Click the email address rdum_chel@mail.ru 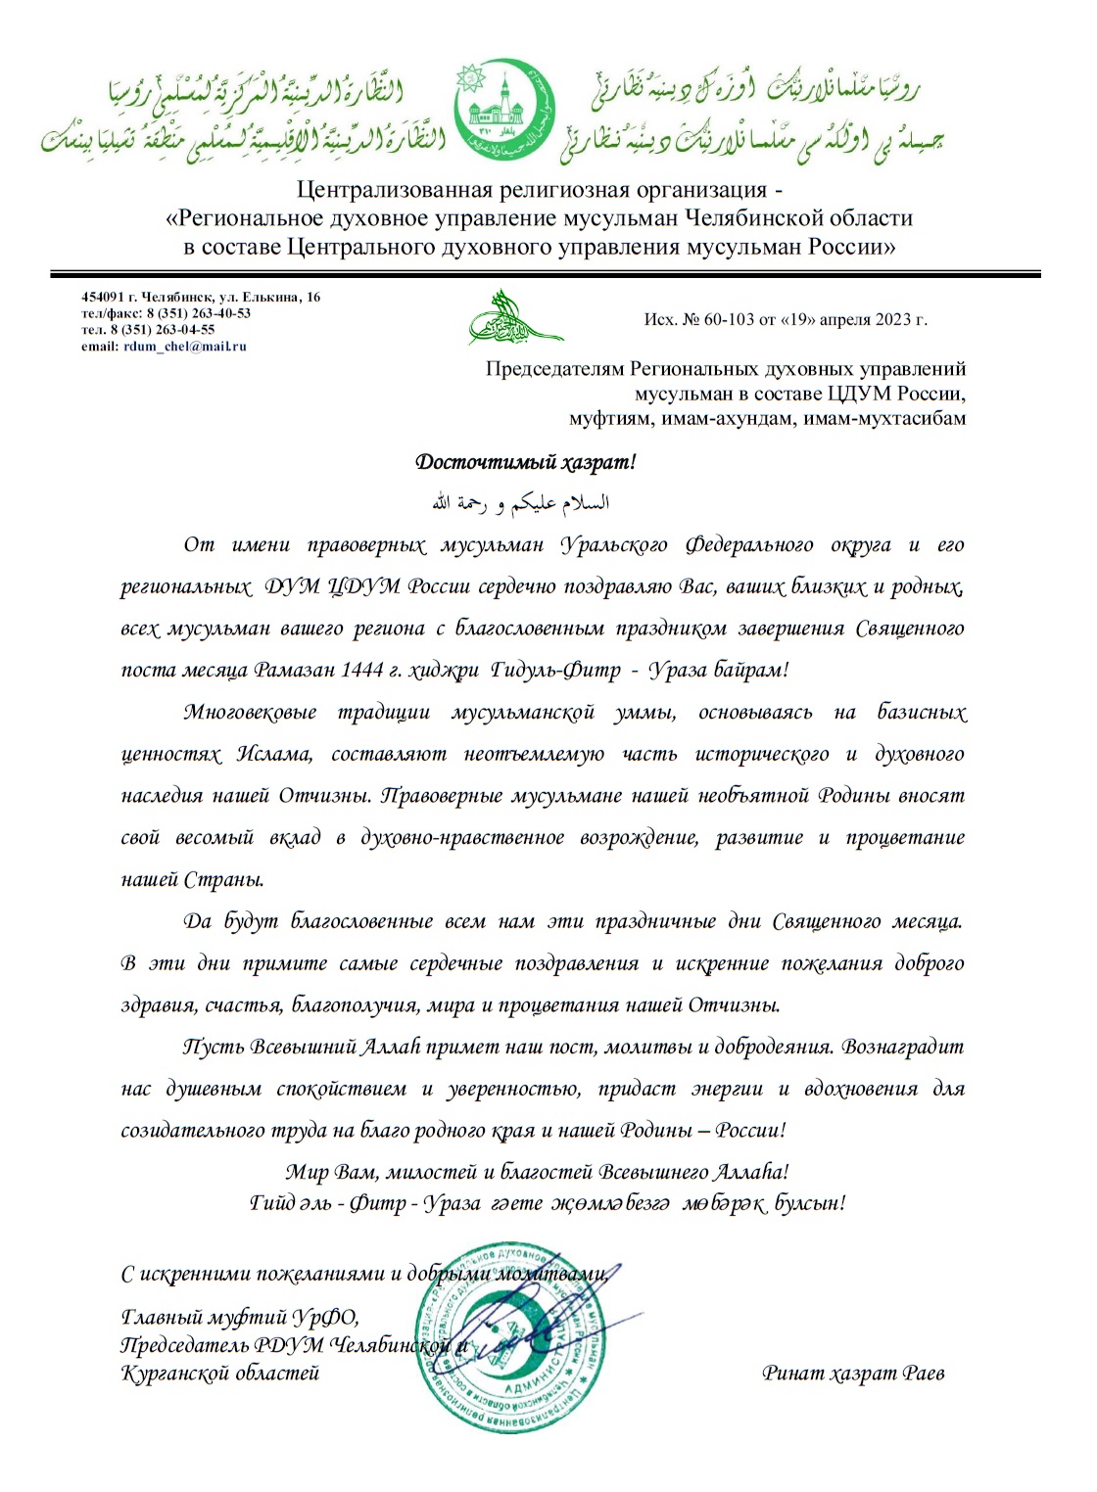pyautogui.click(x=185, y=347)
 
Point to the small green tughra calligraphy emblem pyautogui.click(x=513, y=319)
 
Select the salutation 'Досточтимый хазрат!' pyautogui.click(x=526, y=462)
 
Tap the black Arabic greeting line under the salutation pyautogui.click(x=521, y=503)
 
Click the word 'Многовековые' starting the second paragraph pyautogui.click(x=250, y=713)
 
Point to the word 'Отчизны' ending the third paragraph pyautogui.click(x=734, y=1005)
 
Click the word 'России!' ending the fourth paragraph pyautogui.click(x=750, y=1131)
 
